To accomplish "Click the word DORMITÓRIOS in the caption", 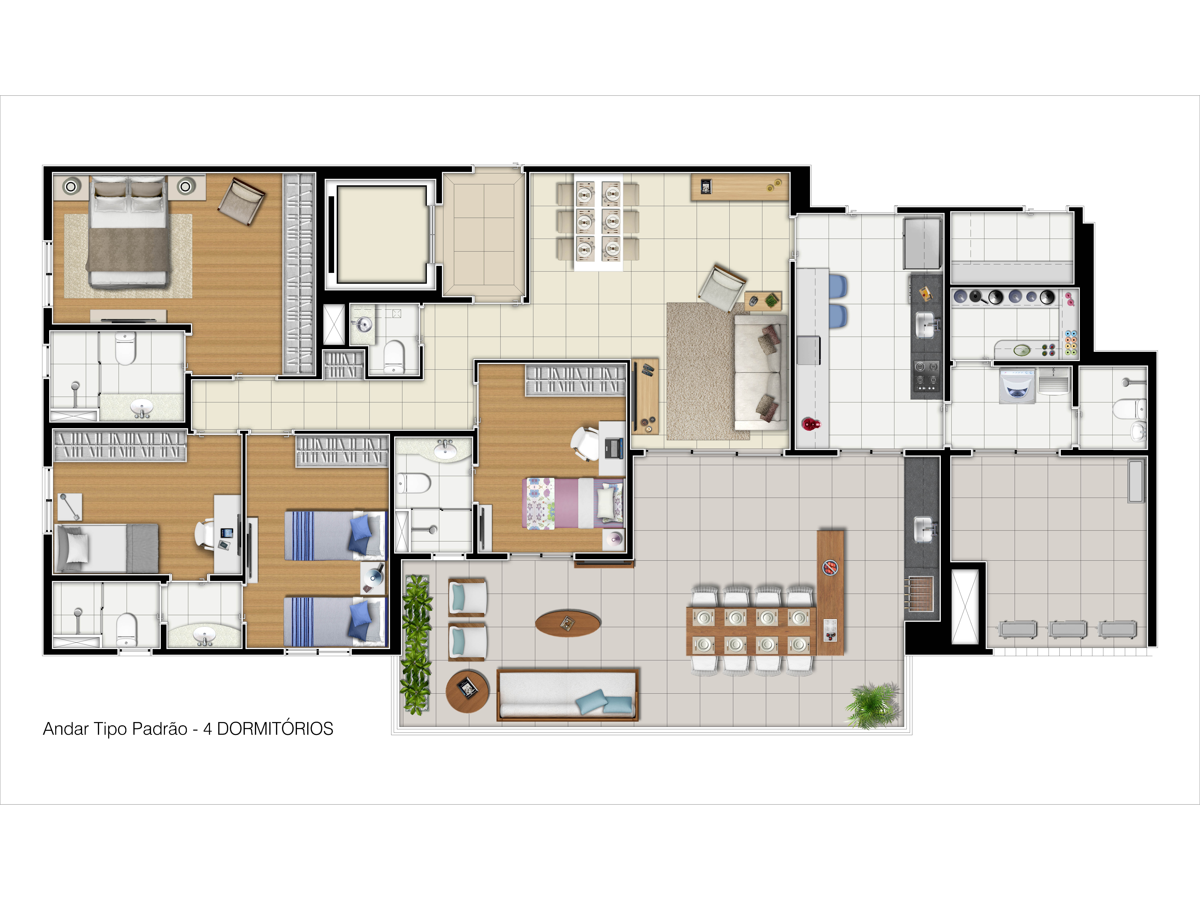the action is [x=275, y=729].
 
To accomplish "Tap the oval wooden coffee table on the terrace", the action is [x=567, y=623].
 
